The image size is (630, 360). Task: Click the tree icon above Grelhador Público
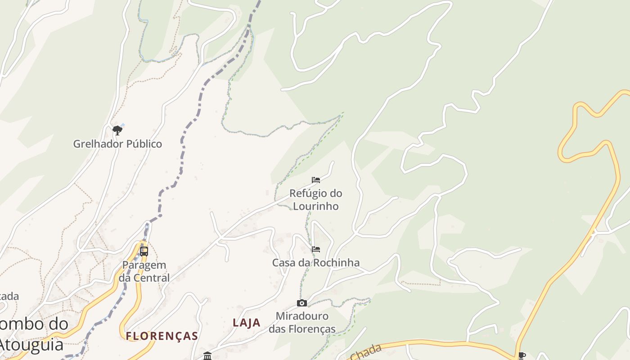[x=117, y=130]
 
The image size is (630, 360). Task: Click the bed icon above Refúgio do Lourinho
[x=316, y=180]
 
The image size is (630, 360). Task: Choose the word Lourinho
[x=316, y=206]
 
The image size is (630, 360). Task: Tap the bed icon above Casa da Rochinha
[x=316, y=249]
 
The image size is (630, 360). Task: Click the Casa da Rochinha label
[x=316, y=262]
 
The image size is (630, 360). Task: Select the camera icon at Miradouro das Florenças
[x=302, y=303]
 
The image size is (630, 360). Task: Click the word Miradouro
[x=302, y=316]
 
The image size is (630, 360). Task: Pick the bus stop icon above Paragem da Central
[x=144, y=251]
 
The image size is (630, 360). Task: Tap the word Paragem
[x=144, y=265]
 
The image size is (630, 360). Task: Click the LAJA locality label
[x=247, y=322]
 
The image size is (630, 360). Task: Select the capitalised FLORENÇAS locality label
[x=162, y=336]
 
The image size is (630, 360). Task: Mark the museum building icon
[x=207, y=356]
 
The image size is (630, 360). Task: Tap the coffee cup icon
[x=522, y=355]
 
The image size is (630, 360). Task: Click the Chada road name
[x=365, y=352]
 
